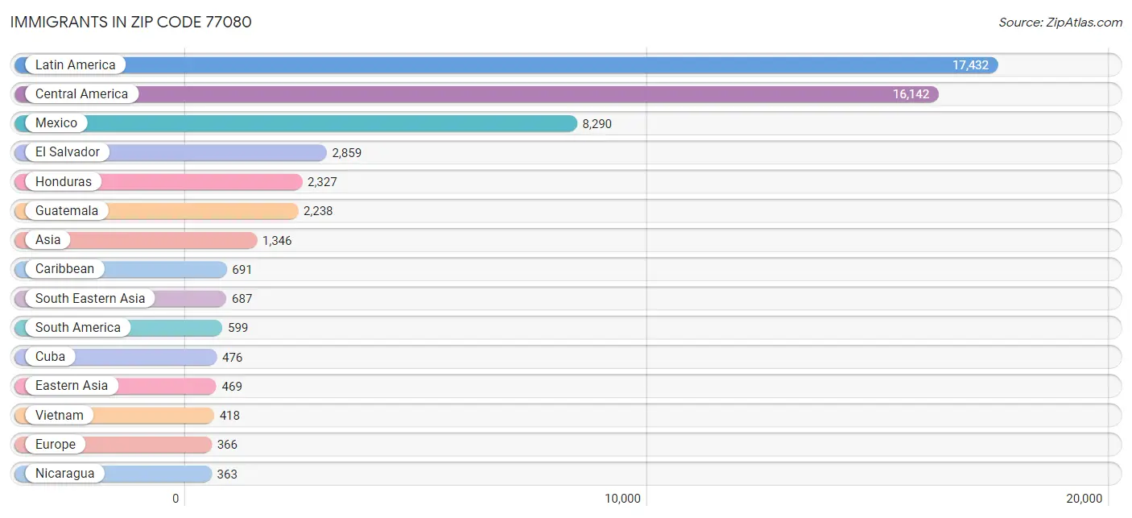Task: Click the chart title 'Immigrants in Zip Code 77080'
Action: (131, 22)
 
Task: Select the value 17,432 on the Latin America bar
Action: (970, 65)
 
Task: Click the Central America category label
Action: (81, 94)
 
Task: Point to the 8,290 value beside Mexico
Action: (597, 124)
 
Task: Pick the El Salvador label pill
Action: (67, 151)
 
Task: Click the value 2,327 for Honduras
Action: (322, 182)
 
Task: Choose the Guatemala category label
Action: (67, 210)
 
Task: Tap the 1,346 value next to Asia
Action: (277, 241)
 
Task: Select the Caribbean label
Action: (64, 268)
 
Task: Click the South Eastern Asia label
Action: (90, 298)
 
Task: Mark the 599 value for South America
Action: (238, 328)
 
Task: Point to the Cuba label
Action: (50, 357)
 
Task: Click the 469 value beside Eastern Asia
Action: (232, 387)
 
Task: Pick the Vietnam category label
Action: (59, 416)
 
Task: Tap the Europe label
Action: (55, 444)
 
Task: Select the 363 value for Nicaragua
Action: (227, 474)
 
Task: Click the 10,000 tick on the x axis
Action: (622, 499)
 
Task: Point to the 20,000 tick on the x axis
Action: (1084, 499)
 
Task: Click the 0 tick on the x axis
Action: (176, 499)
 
